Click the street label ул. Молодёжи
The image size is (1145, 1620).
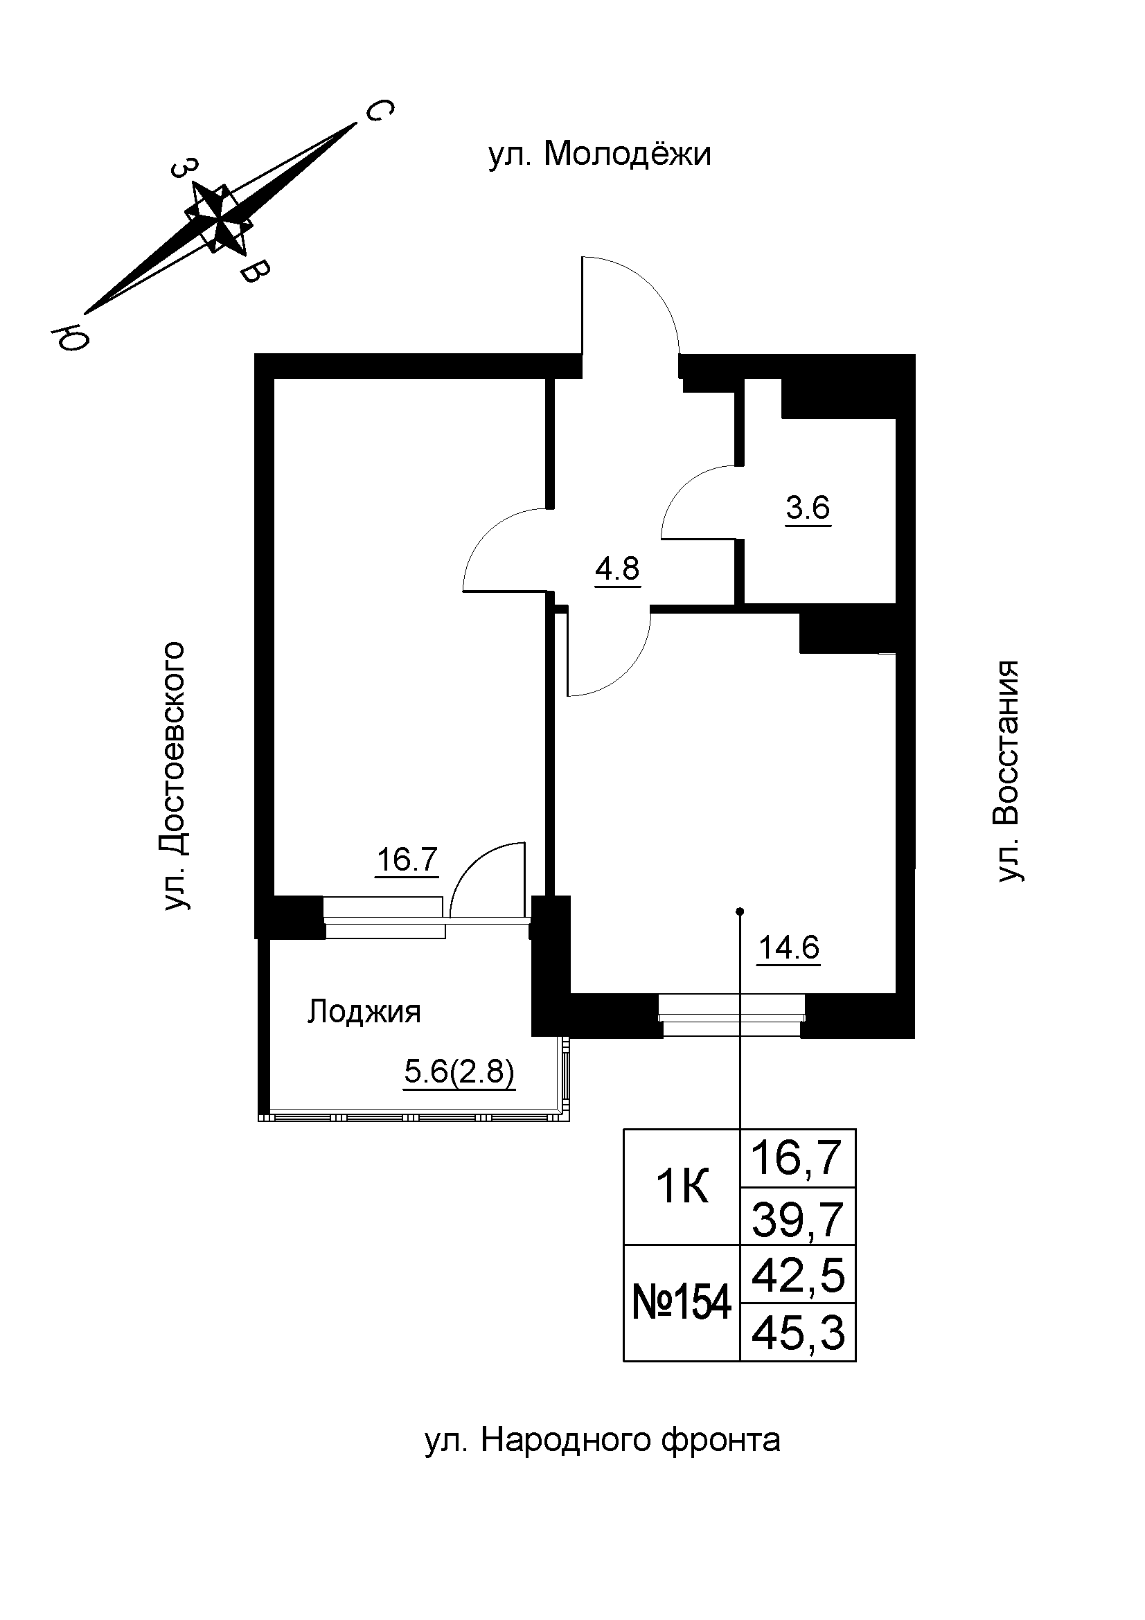pos(600,154)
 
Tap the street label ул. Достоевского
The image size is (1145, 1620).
pos(174,776)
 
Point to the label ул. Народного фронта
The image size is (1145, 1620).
pos(603,1440)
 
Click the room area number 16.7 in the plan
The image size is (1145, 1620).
pos(408,860)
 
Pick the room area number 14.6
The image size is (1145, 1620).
pos(789,947)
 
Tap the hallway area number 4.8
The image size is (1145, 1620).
pos(617,568)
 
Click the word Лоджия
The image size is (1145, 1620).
pos(364,1013)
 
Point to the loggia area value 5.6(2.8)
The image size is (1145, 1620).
pos(459,1073)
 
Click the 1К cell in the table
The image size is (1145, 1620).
pos(682,1189)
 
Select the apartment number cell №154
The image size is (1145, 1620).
pos(682,1303)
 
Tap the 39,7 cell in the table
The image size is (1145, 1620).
pos(798,1218)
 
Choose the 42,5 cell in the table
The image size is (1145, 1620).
pos(798,1276)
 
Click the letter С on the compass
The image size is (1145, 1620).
pos(378,111)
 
